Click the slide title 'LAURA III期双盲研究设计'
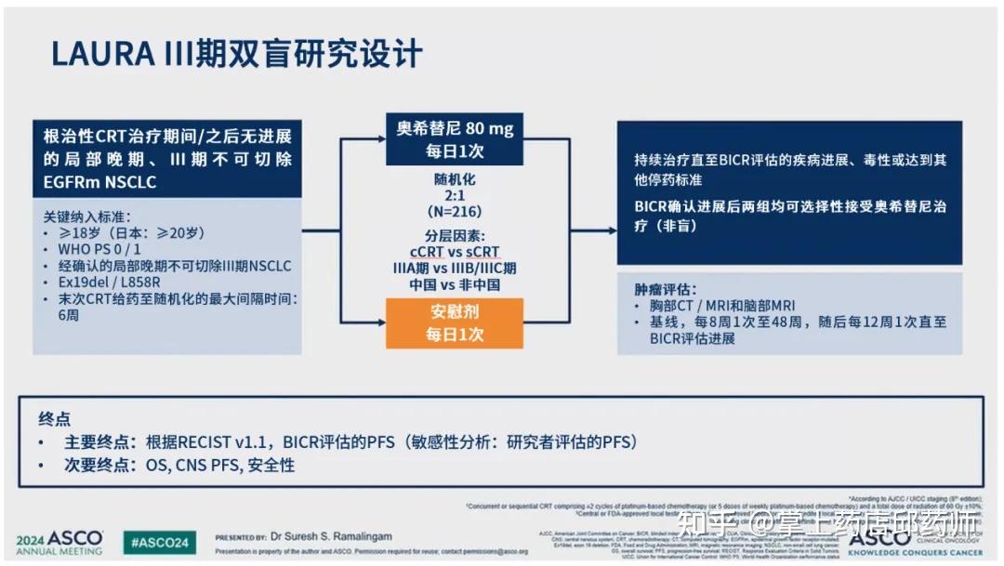tap(237, 54)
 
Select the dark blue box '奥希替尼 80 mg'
tap(455, 138)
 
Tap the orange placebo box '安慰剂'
tap(455, 322)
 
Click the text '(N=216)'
tap(455, 211)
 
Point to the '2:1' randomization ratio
tap(455, 195)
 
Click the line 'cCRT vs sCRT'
tap(455, 251)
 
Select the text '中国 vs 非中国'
tap(455, 284)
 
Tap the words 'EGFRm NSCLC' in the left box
tap(99, 182)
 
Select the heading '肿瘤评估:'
tap(666, 289)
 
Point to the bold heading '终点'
tap(54, 419)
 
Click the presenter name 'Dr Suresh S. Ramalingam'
tap(332, 536)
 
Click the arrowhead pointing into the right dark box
tap(611, 230)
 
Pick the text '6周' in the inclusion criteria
tap(68, 316)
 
